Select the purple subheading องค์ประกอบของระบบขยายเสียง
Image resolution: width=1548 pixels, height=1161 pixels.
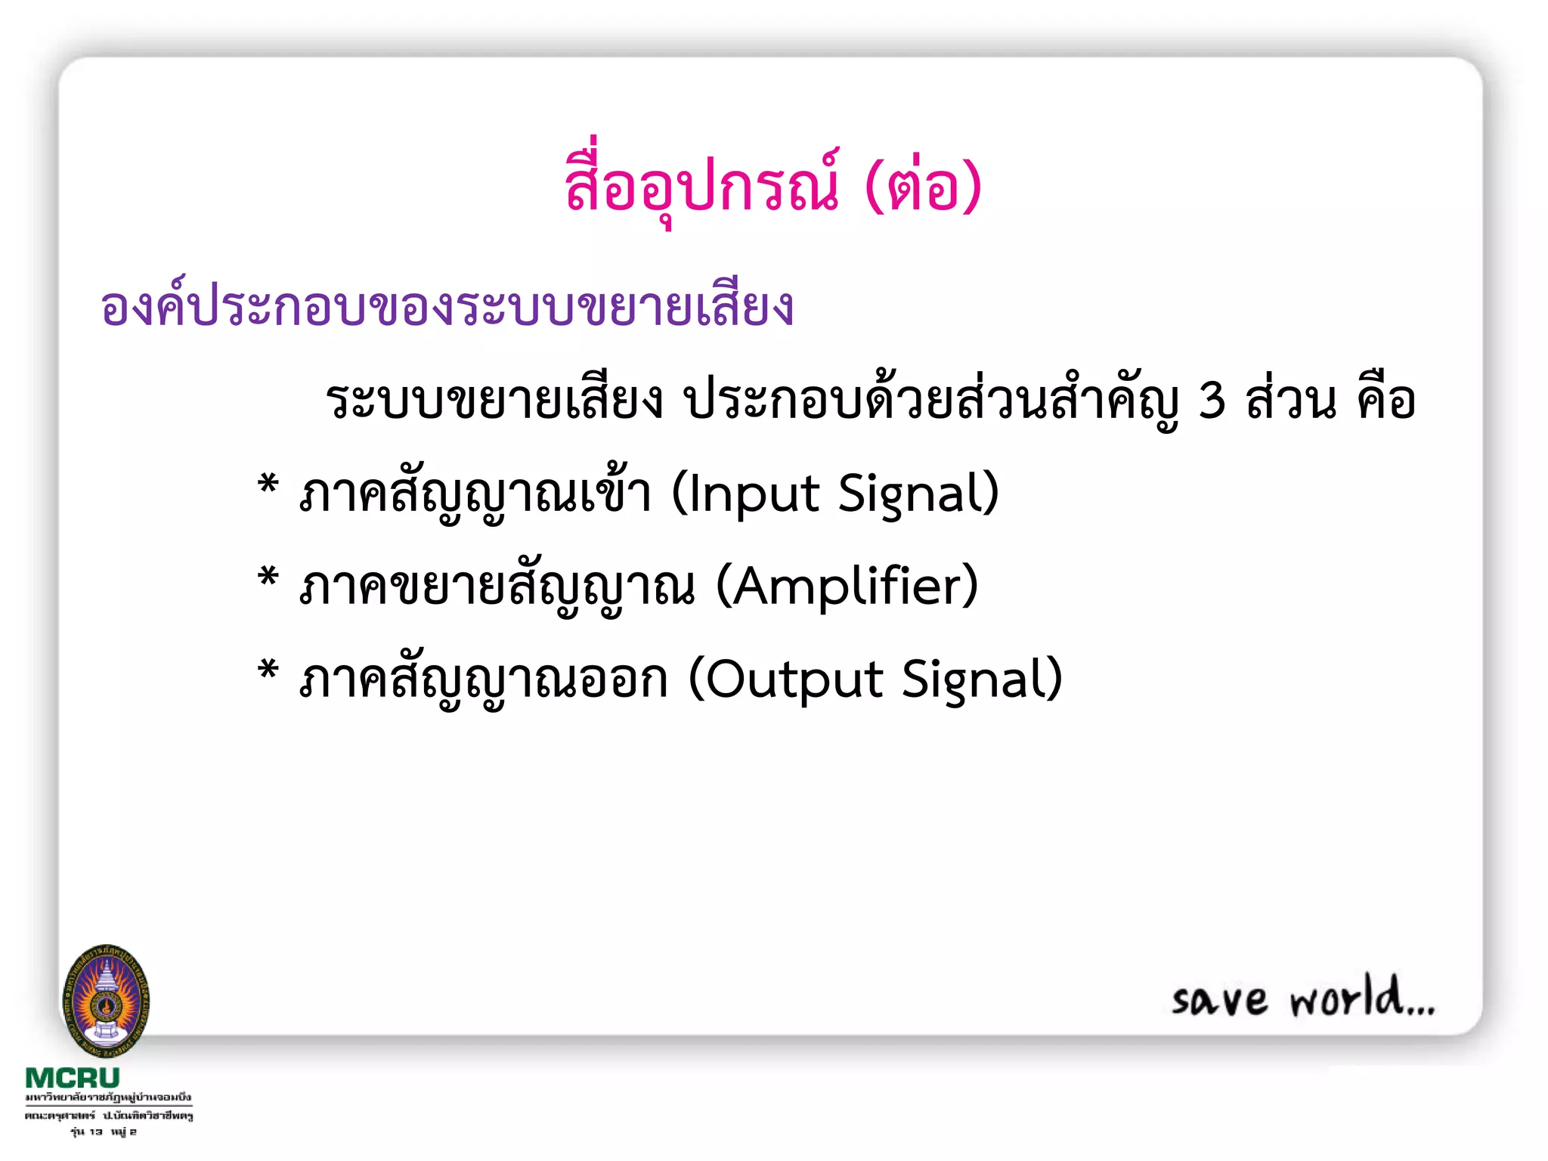pyautogui.click(x=447, y=308)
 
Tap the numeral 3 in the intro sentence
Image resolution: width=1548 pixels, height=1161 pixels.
pyautogui.click(x=1212, y=401)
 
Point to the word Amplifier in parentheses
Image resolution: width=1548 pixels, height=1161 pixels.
pyautogui.click(x=846, y=587)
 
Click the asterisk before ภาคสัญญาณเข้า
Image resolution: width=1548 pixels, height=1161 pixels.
pyautogui.click(x=268, y=484)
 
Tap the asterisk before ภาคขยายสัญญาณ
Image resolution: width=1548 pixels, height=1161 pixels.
pyautogui.click(x=268, y=577)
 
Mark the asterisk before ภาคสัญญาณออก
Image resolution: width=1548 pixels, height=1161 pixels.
pyautogui.click(x=268, y=670)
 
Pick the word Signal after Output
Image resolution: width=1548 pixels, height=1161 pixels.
pyautogui.click(x=978, y=679)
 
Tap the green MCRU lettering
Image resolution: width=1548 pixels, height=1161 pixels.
pyautogui.click(x=73, y=1078)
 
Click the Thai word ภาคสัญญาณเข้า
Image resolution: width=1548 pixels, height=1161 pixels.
pyautogui.click(x=475, y=494)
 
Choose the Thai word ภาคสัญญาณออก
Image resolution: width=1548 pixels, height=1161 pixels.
pyautogui.click(x=484, y=679)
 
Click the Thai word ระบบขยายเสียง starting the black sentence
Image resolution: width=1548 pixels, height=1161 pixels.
pyautogui.click(x=494, y=401)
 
